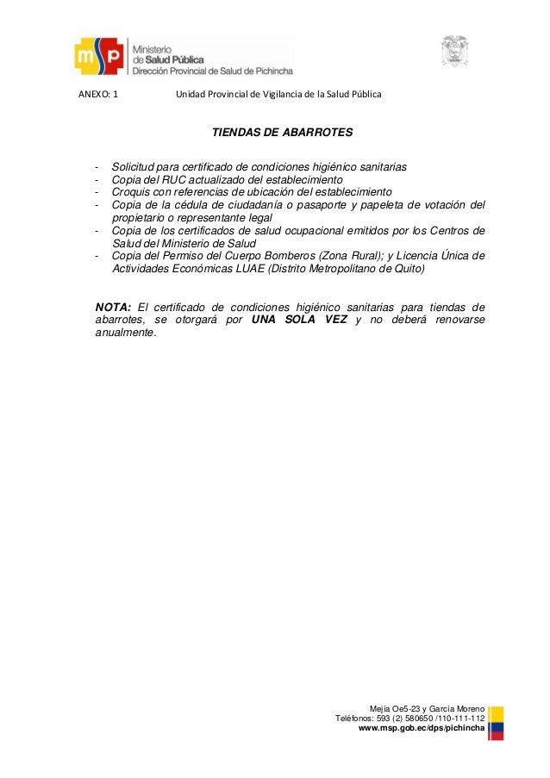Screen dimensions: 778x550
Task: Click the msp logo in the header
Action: pyautogui.click(x=100, y=58)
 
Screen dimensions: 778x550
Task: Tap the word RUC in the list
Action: pyautogui.click(x=186, y=179)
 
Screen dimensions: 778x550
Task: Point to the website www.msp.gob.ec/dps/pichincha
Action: pyautogui.click(x=422, y=729)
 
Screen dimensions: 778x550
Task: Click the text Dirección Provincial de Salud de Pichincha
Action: pyautogui.click(x=212, y=72)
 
